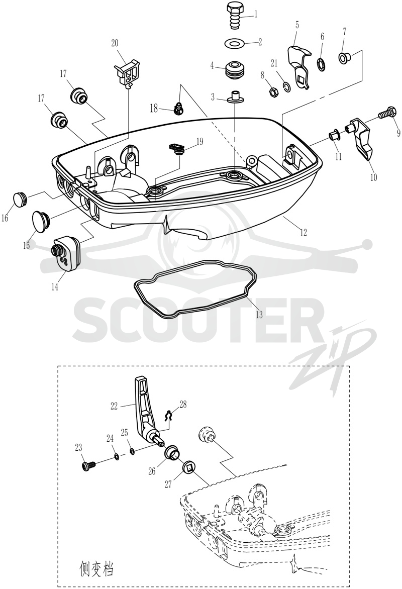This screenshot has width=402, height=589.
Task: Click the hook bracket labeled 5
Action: click(299, 66)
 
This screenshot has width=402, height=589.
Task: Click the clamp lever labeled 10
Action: click(361, 138)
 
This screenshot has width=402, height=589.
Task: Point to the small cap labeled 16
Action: click(21, 199)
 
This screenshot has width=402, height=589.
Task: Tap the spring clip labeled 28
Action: click(169, 416)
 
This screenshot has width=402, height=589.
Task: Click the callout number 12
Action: click(304, 233)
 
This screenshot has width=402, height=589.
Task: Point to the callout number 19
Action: click(199, 142)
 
